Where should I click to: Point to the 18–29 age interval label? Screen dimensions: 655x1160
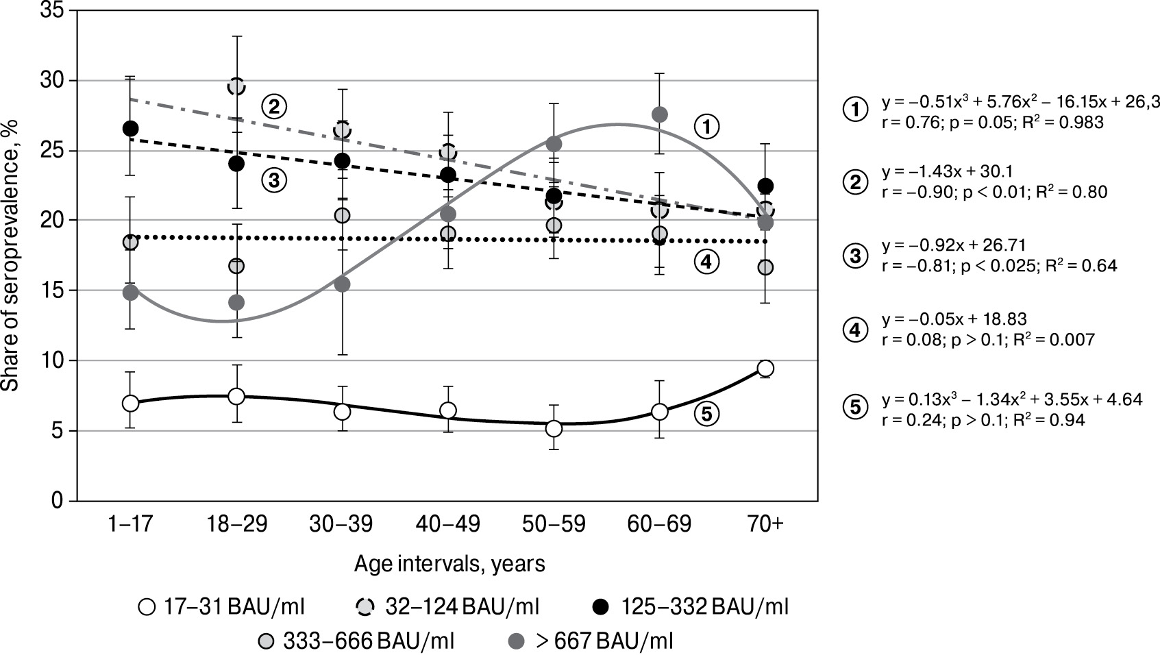tap(236, 525)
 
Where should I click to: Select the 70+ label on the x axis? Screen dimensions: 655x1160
tap(766, 525)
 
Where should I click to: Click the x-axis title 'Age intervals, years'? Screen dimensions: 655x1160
tap(449, 564)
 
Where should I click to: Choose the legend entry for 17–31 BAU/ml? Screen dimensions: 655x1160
tap(221, 606)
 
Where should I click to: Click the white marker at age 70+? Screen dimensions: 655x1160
tap(766, 369)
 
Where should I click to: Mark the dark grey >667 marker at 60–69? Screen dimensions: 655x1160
tap(660, 114)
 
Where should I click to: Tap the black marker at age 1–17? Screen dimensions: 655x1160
tap(131, 128)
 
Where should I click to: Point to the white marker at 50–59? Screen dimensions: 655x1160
tap(554, 429)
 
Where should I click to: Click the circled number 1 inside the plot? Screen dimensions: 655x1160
tap(707, 125)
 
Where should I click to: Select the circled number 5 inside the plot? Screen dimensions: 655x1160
tap(707, 412)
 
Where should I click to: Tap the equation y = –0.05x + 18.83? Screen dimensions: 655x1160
tap(944, 319)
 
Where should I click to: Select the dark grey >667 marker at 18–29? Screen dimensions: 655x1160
tap(236, 302)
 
